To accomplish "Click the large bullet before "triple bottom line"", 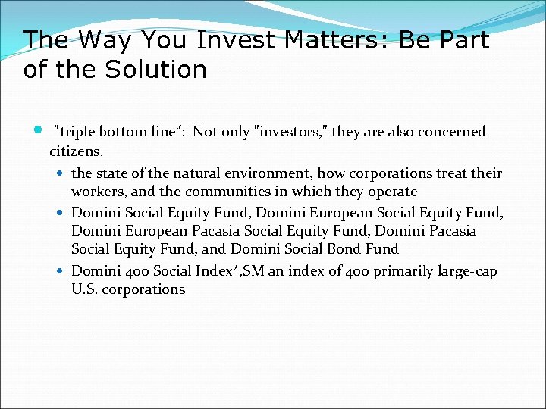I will [x=39, y=130].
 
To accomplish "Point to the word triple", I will [x=77, y=131].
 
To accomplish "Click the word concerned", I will [x=449, y=131].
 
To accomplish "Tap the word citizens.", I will [x=74, y=150].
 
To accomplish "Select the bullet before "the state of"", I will [x=61, y=173].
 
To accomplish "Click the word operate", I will [x=392, y=192].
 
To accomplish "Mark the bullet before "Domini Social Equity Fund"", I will [x=61, y=212].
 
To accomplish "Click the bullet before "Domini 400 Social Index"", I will [x=61, y=270].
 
